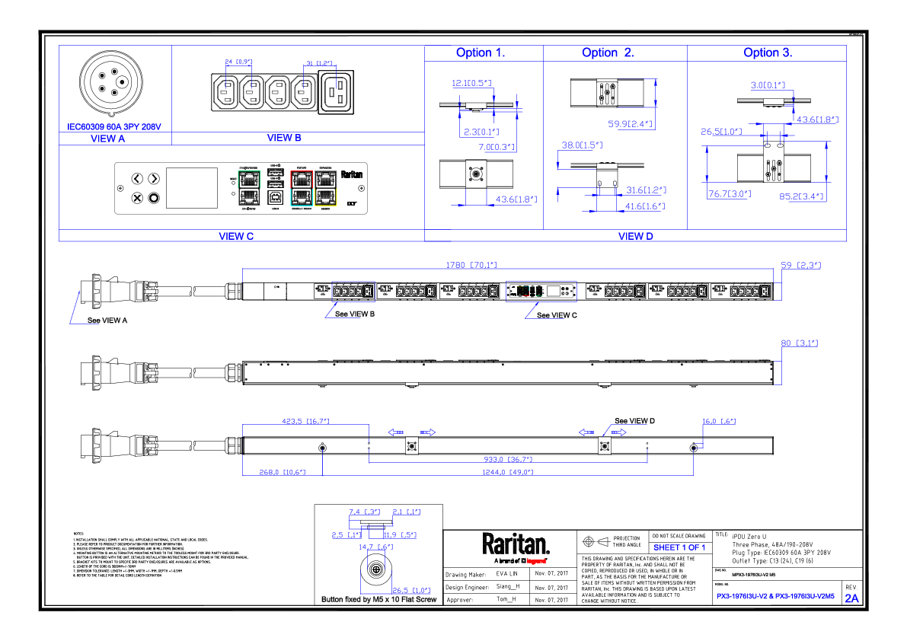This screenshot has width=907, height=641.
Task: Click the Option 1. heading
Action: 481,53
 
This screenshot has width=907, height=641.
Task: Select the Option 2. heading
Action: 608,53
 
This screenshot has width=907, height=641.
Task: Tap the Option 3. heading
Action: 768,53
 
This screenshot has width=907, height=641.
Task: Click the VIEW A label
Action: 107,139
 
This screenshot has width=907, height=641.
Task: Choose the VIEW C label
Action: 236,236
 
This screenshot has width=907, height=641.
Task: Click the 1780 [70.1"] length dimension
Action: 471,265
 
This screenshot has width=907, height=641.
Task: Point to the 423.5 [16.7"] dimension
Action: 305,420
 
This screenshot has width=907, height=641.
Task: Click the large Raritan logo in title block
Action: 516,544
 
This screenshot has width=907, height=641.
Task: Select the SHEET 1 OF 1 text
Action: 679,547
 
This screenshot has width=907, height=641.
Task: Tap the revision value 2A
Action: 851,598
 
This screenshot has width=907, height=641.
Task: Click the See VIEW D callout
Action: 634,421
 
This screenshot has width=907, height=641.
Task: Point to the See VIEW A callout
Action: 107,320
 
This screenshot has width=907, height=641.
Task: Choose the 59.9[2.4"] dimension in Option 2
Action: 628,123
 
